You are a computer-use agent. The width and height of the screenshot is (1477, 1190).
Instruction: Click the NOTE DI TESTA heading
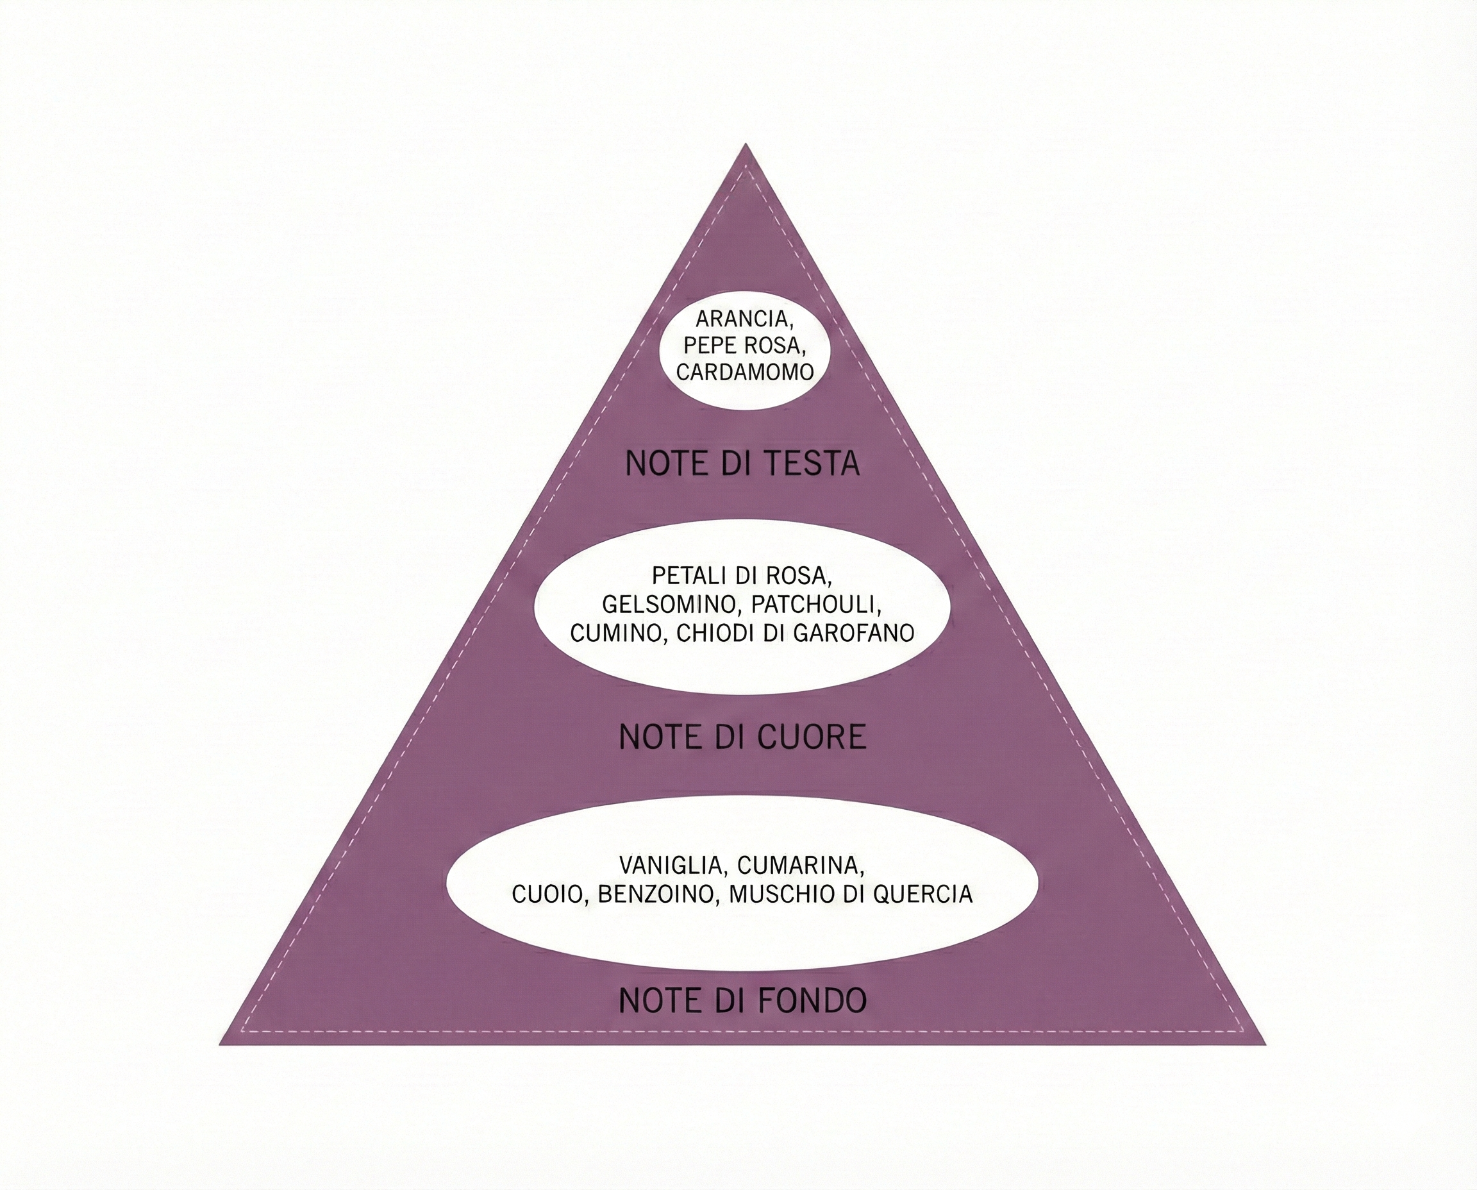pyautogui.click(x=742, y=464)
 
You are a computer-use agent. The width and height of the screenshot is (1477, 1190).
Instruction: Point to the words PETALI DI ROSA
pyautogui.click(x=742, y=575)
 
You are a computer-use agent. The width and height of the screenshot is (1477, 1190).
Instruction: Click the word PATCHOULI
pyautogui.click(x=815, y=604)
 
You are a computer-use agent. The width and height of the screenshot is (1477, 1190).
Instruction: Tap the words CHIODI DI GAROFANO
pyautogui.click(x=795, y=633)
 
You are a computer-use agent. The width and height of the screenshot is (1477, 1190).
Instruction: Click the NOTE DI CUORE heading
pyautogui.click(x=742, y=737)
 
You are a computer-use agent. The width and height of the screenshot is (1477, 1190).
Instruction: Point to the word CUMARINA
pyautogui.click(x=801, y=865)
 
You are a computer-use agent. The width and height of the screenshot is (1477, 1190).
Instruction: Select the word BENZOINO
pyautogui.click(x=656, y=894)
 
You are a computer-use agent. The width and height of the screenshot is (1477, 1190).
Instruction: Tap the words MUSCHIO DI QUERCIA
pyautogui.click(x=851, y=894)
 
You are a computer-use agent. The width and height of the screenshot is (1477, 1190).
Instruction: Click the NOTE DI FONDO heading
pyautogui.click(x=742, y=1001)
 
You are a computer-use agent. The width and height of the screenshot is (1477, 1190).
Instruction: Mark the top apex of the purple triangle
pyautogui.click(x=746, y=146)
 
